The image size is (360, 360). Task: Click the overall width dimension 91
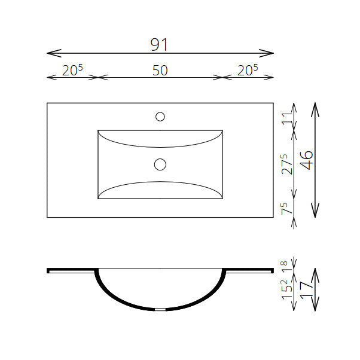click(x=159, y=44)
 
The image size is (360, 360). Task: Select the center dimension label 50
click(x=160, y=71)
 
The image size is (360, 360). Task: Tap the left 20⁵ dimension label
click(x=72, y=70)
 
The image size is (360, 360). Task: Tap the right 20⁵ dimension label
click(x=248, y=70)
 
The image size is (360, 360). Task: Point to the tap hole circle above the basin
click(x=160, y=117)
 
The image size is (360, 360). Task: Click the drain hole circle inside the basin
click(x=160, y=164)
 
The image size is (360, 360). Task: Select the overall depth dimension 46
click(x=307, y=160)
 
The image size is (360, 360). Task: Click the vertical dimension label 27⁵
click(x=287, y=164)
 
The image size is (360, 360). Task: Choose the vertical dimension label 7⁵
click(x=287, y=208)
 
